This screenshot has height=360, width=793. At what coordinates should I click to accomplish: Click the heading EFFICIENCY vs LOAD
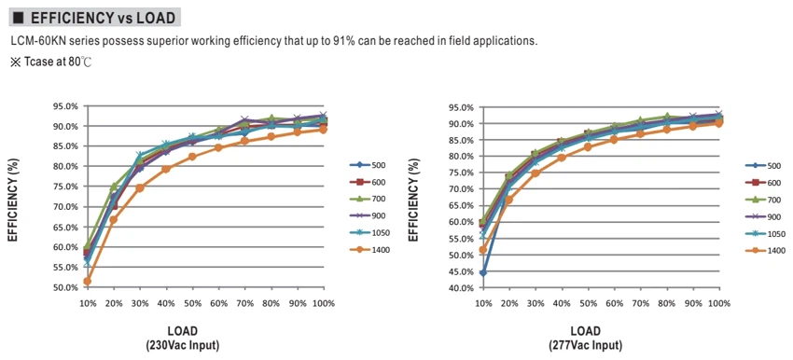(x=104, y=19)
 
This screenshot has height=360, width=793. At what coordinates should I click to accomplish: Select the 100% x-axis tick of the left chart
(x=324, y=303)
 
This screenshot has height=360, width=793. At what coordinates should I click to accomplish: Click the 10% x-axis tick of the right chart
(x=483, y=304)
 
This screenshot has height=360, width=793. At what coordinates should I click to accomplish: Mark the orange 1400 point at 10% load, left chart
(x=88, y=281)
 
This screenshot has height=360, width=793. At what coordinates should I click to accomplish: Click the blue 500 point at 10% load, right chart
(x=483, y=273)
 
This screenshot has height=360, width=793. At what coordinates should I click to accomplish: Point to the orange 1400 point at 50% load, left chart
(x=193, y=157)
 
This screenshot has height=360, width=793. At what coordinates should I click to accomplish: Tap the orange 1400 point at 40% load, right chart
(x=562, y=158)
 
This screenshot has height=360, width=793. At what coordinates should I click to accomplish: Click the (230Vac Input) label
(x=182, y=346)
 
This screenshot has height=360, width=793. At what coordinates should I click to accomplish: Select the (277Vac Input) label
(x=586, y=346)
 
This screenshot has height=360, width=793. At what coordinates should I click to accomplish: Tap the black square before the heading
(x=19, y=19)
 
